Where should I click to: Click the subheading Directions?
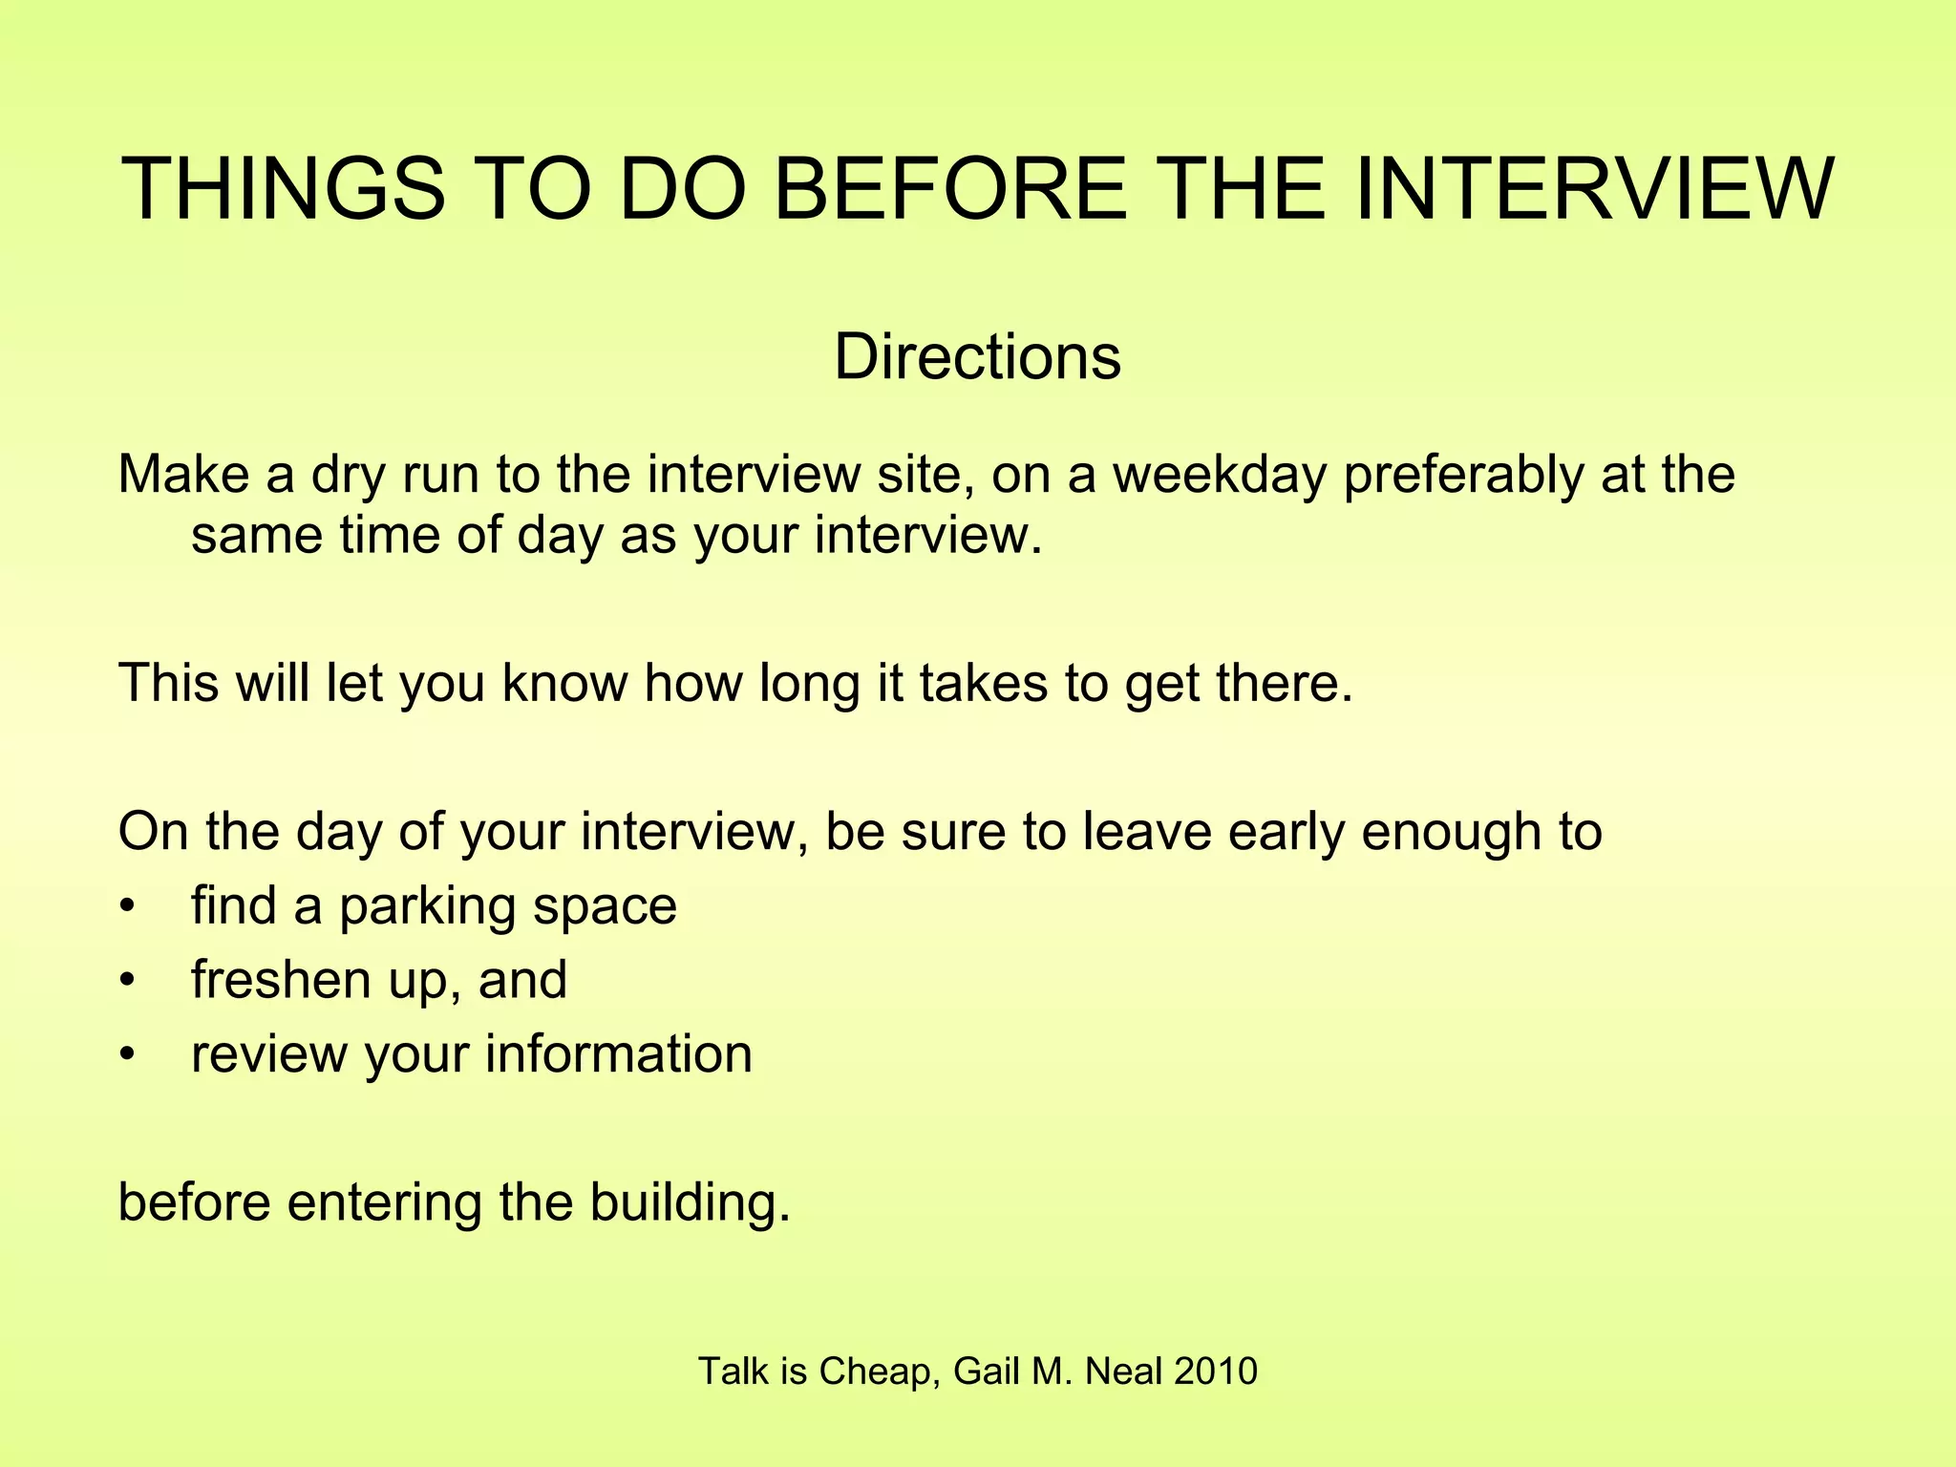(977, 357)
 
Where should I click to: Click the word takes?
(983, 683)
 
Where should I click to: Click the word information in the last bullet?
(619, 1053)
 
